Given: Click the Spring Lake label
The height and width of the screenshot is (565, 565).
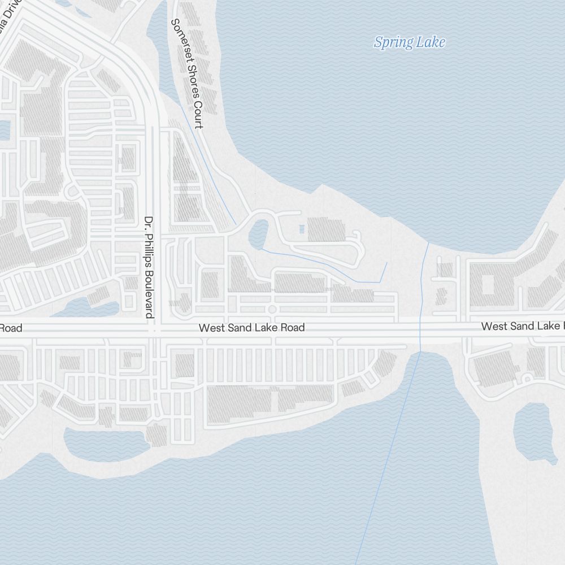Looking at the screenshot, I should coord(410,42).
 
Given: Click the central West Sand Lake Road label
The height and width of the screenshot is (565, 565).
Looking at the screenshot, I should coord(251,328).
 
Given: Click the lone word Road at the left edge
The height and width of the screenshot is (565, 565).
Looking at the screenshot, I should coord(11,328).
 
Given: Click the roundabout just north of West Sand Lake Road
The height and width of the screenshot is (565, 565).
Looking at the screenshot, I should coord(272,309).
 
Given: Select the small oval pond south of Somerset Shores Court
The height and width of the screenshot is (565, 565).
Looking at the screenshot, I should coord(259,233).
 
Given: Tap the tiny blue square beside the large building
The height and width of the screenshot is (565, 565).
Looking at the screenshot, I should coord(301,229).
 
